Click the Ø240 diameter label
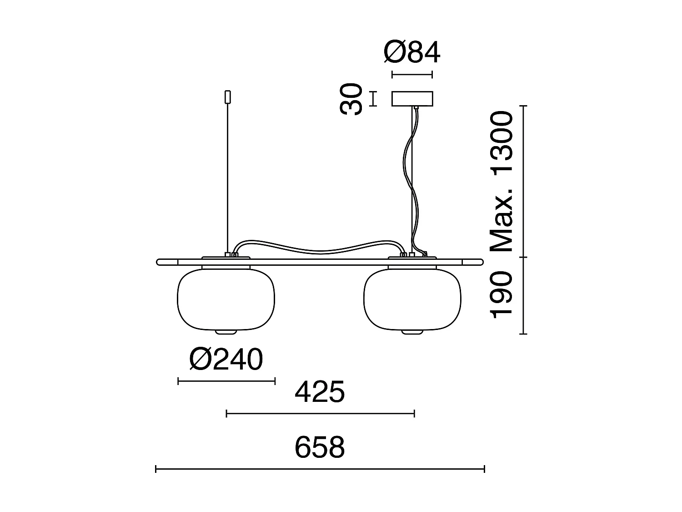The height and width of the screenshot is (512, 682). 226,360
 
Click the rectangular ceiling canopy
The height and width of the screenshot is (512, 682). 412,99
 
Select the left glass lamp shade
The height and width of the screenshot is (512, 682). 226,299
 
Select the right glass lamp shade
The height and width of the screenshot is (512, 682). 412,299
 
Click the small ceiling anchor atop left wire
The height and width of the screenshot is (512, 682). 228,96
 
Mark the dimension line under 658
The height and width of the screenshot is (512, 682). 320,469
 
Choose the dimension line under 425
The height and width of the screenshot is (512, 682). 320,413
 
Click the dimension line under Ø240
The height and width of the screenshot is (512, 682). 226,381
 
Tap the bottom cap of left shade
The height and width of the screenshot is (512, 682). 226,332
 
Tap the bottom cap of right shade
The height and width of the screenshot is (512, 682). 412,332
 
